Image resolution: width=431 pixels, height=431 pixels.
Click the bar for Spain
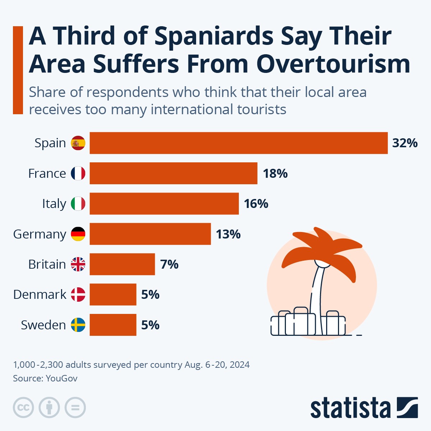[238, 143]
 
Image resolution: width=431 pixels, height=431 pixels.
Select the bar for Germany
[150, 234]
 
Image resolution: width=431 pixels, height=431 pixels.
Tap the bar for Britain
[122, 264]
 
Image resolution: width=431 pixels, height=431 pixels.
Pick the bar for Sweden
[113, 325]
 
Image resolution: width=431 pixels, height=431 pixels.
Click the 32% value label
[405, 143]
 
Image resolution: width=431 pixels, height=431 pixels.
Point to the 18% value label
[275, 173]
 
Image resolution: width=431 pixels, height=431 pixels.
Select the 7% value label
[169, 264]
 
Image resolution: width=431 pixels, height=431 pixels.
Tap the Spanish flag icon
[78, 143]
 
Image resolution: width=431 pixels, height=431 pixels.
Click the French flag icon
[78, 173]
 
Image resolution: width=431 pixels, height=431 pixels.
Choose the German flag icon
[78, 234]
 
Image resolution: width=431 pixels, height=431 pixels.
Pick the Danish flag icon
[78, 295]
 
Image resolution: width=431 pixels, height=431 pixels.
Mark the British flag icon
[78, 264]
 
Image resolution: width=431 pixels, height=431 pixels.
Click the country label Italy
[54, 204]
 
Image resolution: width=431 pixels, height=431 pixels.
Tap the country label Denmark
[40, 295]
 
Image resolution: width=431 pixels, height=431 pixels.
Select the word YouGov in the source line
[61, 378]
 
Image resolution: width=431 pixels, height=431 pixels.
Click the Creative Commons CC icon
[23, 408]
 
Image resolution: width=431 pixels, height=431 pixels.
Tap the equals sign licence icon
[75, 408]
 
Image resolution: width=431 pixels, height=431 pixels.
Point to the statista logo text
[350, 408]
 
